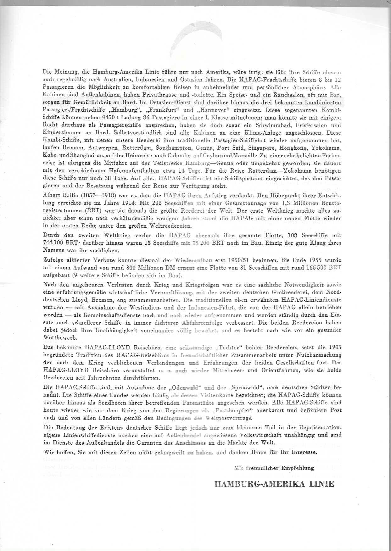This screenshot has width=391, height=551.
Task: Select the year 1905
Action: (x=335, y=347)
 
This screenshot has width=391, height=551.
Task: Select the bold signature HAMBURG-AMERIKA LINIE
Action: (x=274, y=484)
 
